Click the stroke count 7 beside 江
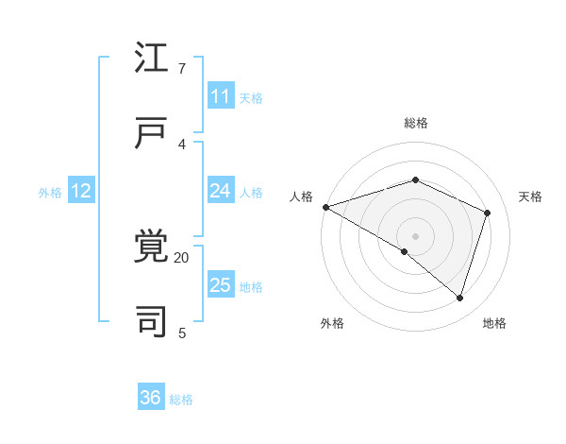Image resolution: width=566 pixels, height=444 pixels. pos(182,69)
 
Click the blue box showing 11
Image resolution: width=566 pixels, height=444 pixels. pos(221,96)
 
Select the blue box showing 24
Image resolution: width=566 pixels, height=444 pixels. pos(221,191)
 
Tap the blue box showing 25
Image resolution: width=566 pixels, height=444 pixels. pos(221,285)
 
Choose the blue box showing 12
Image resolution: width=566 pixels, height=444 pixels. pos(81,191)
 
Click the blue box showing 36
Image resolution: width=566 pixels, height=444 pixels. pos(151,398)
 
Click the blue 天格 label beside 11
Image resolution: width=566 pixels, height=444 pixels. pos(251,97)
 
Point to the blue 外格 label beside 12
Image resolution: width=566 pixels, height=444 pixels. pos(50,192)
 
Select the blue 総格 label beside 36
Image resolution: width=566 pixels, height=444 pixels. pos(181,399)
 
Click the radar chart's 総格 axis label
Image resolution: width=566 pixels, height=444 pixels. pos(415,123)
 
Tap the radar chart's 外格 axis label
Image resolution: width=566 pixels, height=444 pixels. pos(332,323)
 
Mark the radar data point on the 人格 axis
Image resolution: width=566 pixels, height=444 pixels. pos(325,207)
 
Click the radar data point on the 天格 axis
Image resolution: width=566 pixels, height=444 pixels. pos(488,213)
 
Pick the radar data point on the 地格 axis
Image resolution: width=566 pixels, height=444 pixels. pos(460,298)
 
